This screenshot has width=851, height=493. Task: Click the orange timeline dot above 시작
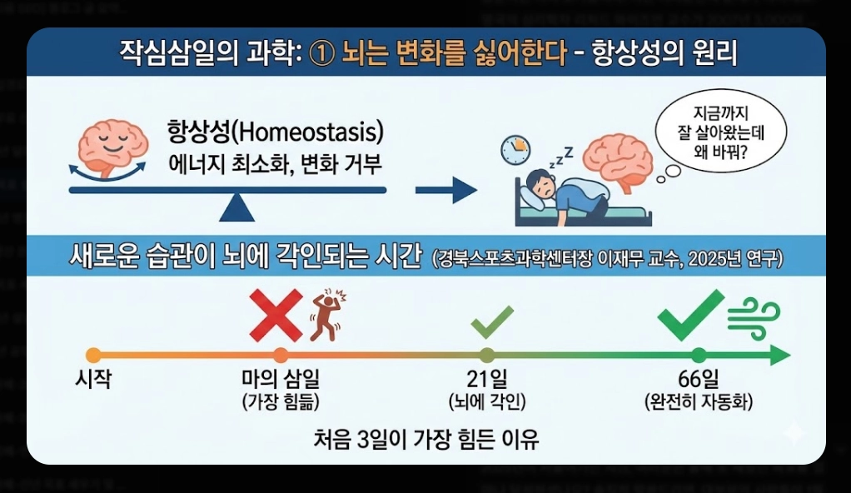point(93,356)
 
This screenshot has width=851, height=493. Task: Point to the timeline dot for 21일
point(487,356)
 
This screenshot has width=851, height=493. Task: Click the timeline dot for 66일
point(699,356)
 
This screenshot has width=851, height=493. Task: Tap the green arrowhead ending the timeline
point(779,356)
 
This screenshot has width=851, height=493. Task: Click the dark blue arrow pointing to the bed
point(445,191)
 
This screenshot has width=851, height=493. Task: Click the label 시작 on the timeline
point(93,380)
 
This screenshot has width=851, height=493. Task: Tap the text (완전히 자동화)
point(699,402)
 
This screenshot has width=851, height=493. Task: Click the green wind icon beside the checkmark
point(754,316)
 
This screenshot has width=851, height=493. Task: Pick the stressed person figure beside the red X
point(326,316)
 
